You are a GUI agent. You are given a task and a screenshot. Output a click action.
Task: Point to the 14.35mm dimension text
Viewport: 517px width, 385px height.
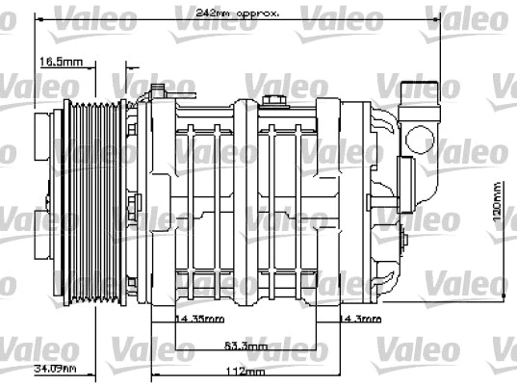[x=198, y=318]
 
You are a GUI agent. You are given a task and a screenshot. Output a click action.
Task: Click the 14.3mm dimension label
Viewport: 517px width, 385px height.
[x=358, y=318]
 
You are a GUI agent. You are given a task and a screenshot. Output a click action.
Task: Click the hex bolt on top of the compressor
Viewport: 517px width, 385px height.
[x=271, y=100]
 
